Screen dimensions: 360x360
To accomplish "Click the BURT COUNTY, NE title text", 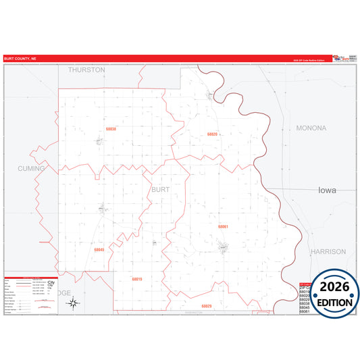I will [21, 58].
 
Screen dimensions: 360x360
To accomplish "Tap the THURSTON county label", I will [86, 70].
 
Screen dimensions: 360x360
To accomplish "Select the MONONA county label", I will [311, 128].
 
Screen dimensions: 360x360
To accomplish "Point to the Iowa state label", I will [327, 190].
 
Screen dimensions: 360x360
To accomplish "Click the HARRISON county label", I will [328, 251].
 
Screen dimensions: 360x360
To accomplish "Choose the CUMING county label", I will [31, 168].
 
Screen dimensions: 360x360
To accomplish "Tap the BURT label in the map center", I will [160, 190].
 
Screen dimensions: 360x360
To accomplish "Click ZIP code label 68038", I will [111, 129].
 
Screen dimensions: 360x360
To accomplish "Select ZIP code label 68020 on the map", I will [212, 134].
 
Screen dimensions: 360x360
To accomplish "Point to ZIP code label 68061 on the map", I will [223, 227].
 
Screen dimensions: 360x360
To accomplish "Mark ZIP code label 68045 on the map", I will [99, 250].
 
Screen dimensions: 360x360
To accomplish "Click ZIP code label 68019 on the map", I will [137, 279].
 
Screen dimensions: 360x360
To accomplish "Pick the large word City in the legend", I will [51, 282].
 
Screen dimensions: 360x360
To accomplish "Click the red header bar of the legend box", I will [31, 278].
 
